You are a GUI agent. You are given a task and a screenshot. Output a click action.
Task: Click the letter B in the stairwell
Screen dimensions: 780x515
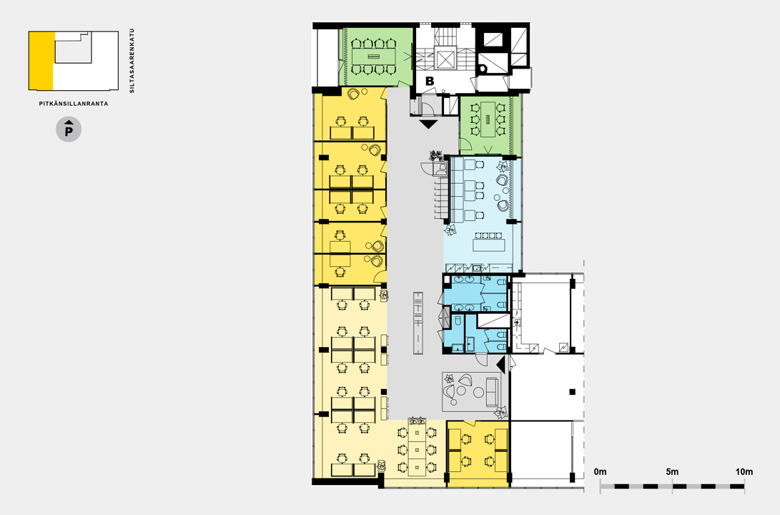pos(429,81)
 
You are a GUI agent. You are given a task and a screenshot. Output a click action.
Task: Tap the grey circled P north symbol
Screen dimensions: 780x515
pos(69,130)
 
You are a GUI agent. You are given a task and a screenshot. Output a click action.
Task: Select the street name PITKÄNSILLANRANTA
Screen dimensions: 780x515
pos(74,104)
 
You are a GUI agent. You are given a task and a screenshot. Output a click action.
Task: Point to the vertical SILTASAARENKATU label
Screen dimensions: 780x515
pos(132,61)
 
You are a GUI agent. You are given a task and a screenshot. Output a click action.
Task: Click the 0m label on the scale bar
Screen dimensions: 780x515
pos(601,471)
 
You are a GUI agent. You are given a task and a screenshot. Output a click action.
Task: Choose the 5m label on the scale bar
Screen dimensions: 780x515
pos(672,471)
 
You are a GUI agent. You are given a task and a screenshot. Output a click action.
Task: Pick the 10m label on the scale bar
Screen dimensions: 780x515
pos(744,471)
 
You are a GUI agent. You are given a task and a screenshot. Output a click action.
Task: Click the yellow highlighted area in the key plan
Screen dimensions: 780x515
pos(41,60)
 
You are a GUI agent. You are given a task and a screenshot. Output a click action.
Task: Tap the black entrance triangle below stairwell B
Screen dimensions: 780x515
pos(428,124)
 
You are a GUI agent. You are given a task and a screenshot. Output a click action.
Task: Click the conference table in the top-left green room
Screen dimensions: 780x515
pos(372,57)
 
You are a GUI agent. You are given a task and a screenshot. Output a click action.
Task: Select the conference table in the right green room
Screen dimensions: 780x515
pos(488,119)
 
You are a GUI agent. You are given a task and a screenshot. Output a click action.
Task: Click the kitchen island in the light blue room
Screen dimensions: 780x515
pos(488,245)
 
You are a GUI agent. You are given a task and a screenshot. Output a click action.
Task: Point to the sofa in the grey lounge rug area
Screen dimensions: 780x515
pos(491,391)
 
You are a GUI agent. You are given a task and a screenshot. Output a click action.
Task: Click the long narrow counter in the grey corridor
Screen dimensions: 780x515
pos(418,323)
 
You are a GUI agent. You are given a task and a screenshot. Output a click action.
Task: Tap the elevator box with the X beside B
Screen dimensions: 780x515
pos(445,59)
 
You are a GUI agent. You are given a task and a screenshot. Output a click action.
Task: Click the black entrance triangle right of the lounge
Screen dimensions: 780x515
pos(501,364)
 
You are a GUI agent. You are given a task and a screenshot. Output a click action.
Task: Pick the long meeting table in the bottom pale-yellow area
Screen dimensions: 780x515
pos(417,450)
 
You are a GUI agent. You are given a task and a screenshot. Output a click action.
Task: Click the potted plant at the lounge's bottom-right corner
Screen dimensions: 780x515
pos(501,412)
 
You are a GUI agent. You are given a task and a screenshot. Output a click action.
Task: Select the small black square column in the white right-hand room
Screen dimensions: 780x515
pos(572,392)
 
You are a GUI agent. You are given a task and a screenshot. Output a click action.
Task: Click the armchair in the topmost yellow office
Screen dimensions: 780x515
pos(354,93)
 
